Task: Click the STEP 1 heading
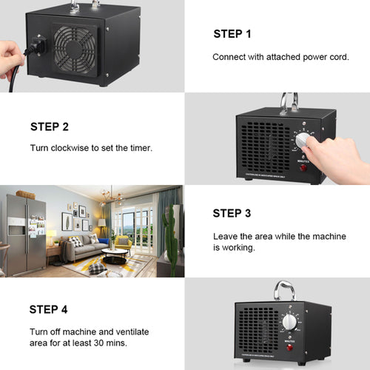coord(232,33)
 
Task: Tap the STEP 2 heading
coord(50,127)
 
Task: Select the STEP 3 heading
coord(232,213)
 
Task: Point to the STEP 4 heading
coord(49,309)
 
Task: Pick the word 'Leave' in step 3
coord(226,237)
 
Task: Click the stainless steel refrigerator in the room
coord(26,234)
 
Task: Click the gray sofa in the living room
coord(83,248)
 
